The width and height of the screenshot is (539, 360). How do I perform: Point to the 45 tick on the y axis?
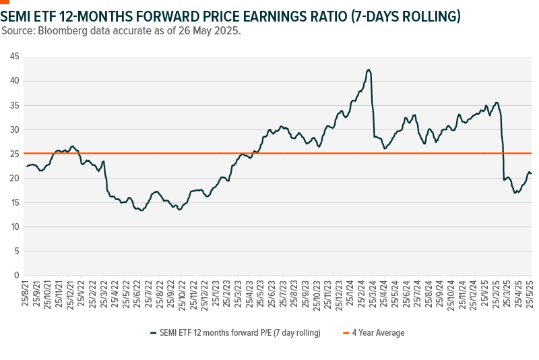point(14,57)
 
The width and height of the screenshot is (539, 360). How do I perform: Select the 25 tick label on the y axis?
point(14,154)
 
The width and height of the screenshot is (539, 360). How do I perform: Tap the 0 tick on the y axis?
point(16,275)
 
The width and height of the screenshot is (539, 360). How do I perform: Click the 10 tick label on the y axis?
point(14,227)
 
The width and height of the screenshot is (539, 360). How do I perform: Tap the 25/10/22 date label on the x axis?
point(185,293)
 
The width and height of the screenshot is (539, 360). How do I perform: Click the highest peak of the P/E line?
point(369,69)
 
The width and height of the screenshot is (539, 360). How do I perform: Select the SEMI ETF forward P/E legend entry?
point(239,332)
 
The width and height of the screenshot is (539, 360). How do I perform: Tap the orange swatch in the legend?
point(346,332)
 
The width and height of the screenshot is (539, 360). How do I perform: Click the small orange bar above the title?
point(5,2)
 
